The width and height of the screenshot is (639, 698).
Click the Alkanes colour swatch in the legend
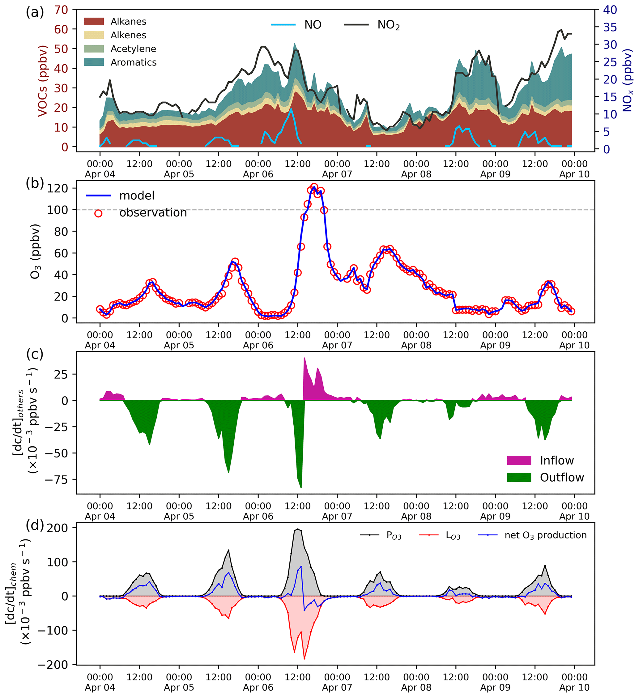(x=94, y=21)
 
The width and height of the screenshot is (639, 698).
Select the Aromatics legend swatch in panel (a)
(x=94, y=62)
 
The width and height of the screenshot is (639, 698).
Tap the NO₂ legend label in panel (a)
(x=388, y=25)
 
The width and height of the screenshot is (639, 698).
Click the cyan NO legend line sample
(x=283, y=25)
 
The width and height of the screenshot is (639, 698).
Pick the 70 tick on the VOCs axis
(x=61, y=10)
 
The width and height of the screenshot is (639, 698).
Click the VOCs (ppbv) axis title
(x=42, y=81)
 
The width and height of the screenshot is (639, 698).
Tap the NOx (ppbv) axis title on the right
(x=628, y=80)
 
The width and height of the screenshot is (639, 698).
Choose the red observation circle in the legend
(x=98, y=213)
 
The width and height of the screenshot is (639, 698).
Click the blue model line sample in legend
(x=98, y=196)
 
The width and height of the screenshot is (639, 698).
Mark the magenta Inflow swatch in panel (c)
(x=518, y=461)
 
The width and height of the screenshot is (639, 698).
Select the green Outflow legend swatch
(x=518, y=478)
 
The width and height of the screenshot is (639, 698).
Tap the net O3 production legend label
(x=546, y=535)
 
